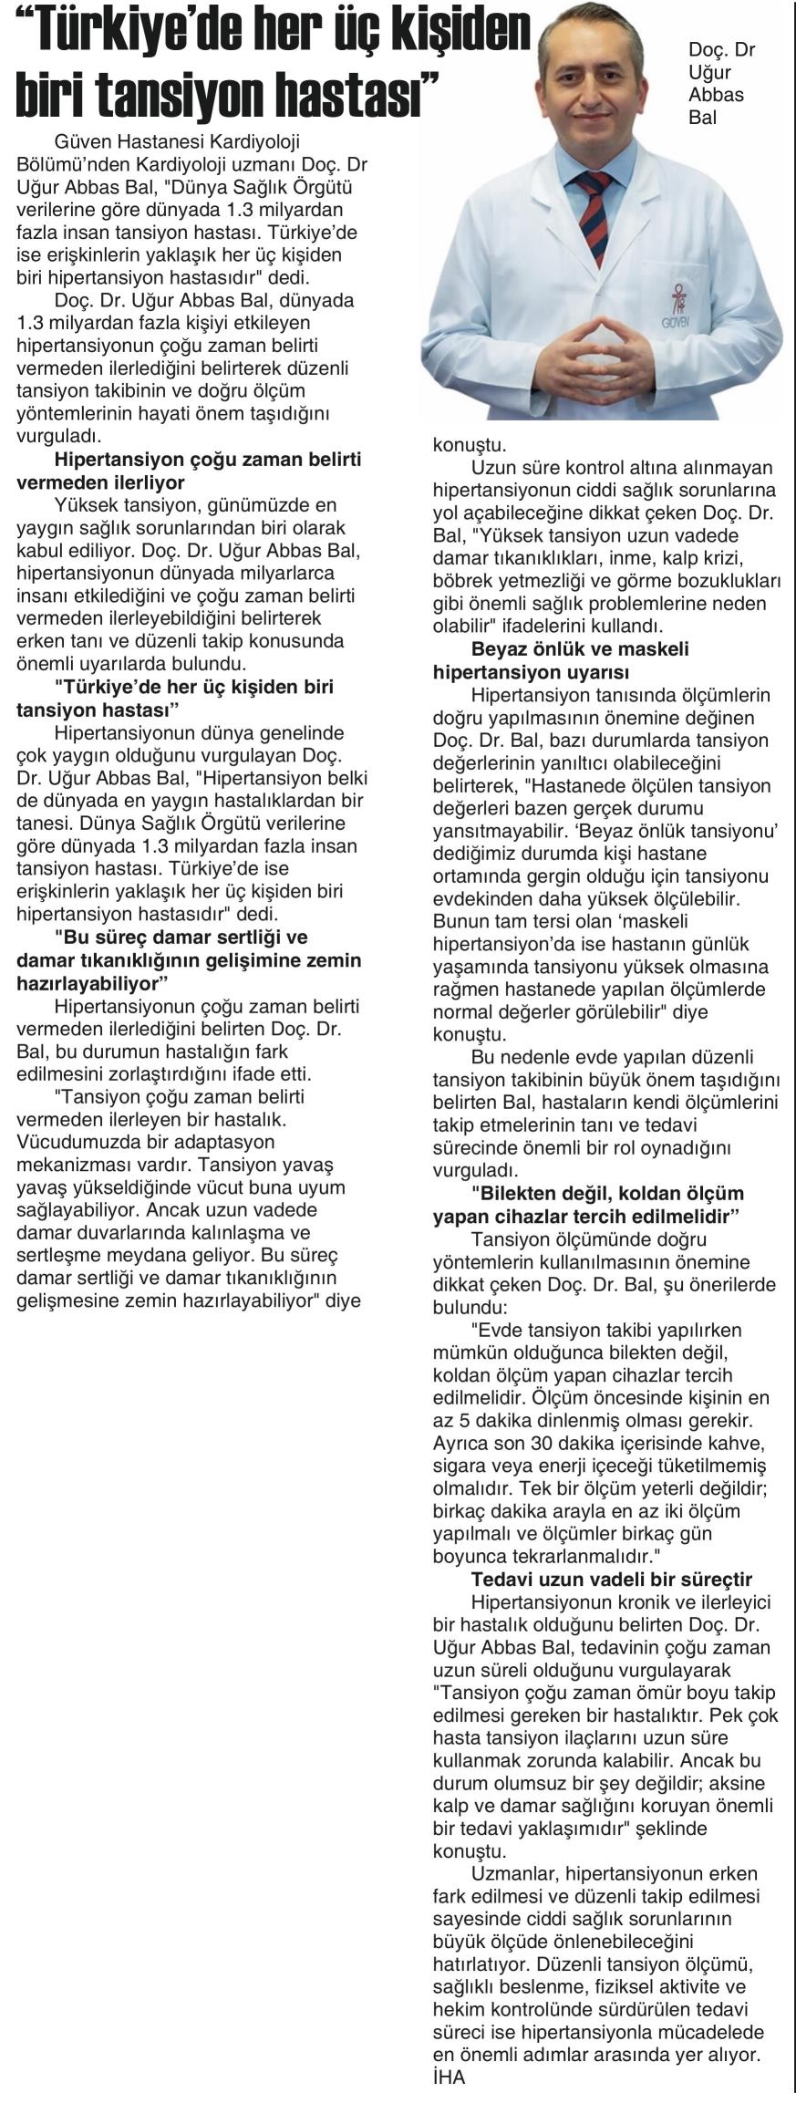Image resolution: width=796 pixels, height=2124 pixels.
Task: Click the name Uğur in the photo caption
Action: [710, 73]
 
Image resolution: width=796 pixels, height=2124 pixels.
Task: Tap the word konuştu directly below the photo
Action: [456, 445]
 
